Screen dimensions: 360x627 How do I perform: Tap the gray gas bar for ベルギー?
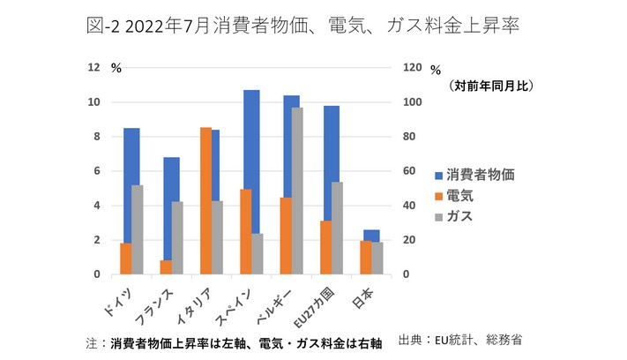pyautogui.click(x=298, y=191)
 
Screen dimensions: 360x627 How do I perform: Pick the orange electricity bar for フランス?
pyautogui.click(x=166, y=267)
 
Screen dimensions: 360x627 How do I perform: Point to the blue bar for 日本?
pyautogui.click(x=371, y=235)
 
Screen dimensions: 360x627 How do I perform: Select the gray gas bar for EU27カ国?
pyautogui.click(x=338, y=228)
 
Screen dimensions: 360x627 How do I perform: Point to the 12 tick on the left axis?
pyautogui.click(x=94, y=68)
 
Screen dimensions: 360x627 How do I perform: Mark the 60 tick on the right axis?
pyautogui.click(x=408, y=171)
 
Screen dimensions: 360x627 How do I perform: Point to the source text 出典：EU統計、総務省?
pyautogui.click(x=467, y=339)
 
